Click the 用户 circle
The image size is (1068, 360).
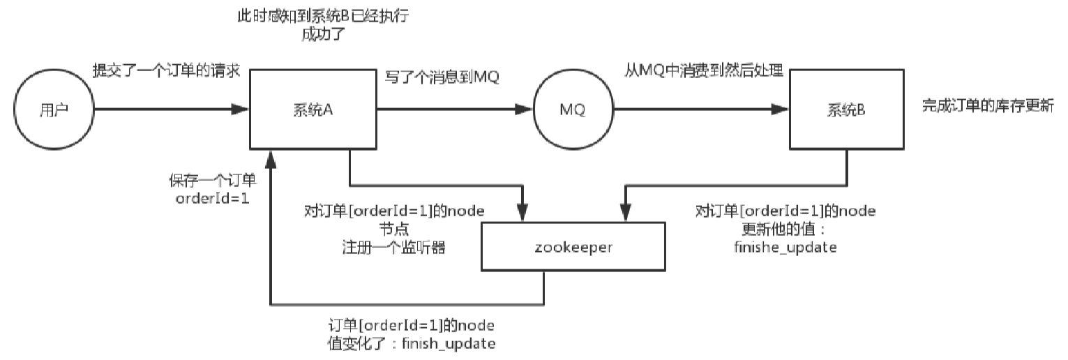(53, 110)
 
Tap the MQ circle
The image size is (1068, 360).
(571, 110)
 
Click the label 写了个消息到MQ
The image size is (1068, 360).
(442, 77)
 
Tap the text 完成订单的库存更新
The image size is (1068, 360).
(988, 105)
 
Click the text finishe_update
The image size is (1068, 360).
(785, 247)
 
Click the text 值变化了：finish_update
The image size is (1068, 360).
(413, 343)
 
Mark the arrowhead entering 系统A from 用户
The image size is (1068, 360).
(241, 110)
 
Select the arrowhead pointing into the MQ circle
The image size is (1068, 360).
(525, 110)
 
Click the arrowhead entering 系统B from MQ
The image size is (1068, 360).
(781, 110)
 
